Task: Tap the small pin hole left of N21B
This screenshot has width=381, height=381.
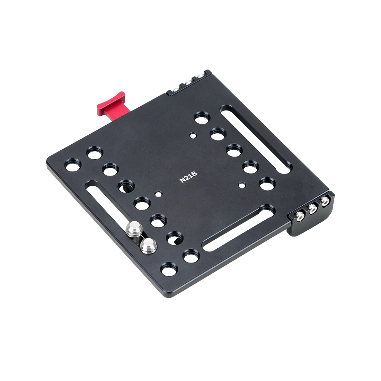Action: [158, 194]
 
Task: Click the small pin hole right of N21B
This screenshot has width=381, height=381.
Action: [241, 185]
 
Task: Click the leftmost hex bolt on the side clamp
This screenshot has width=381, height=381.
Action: [300, 216]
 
